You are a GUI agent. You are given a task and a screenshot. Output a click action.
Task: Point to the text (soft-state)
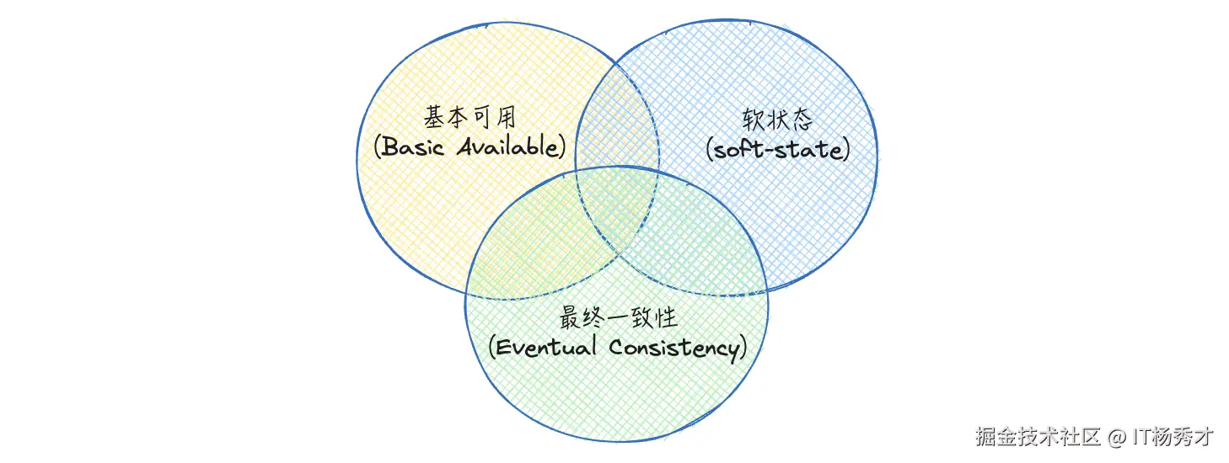[777, 150]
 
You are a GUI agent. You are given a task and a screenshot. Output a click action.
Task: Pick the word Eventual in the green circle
[549, 347]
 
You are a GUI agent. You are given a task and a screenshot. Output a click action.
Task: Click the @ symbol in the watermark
[1116, 438]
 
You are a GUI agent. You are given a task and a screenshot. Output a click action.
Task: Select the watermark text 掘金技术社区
[1039, 438]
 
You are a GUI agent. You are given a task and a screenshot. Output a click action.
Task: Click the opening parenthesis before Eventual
[493, 347]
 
